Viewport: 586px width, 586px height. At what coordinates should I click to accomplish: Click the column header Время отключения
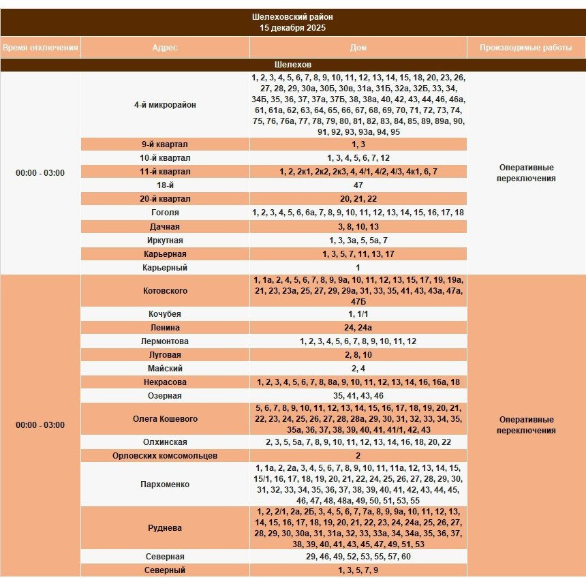tap(40, 48)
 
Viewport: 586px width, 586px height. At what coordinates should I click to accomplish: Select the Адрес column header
tap(165, 48)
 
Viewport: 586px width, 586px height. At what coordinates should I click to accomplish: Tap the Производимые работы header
tap(525, 48)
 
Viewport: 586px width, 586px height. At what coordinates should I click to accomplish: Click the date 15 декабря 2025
tap(292, 28)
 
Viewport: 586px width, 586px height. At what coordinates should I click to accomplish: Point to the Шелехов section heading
tap(292, 64)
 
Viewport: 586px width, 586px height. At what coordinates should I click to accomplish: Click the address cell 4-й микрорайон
tap(165, 105)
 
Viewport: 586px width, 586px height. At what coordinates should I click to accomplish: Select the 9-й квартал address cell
tap(165, 144)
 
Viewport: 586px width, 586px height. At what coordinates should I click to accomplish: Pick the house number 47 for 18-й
tap(358, 185)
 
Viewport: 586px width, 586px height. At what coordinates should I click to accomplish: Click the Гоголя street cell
tap(165, 213)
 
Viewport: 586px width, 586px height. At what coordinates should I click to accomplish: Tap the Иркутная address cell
tap(165, 241)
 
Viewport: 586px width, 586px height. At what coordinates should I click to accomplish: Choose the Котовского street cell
tap(165, 291)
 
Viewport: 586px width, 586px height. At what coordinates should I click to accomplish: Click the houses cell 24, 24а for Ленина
tap(358, 328)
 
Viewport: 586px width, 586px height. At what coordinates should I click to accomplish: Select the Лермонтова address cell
tap(165, 341)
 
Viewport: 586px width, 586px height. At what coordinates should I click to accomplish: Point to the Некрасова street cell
tap(165, 382)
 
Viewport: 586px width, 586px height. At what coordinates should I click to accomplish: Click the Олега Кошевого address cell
tap(165, 419)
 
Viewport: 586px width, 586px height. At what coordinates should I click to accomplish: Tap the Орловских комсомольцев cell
tap(165, 456)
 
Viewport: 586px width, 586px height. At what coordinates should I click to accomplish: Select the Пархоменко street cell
tap(165, 484)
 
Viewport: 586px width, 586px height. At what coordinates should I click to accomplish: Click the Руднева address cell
tap(165, 528)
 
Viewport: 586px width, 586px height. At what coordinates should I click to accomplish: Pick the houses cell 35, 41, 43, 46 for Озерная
tap(358, 396)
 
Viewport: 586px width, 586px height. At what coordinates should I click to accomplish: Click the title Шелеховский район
tap(292, 16)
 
